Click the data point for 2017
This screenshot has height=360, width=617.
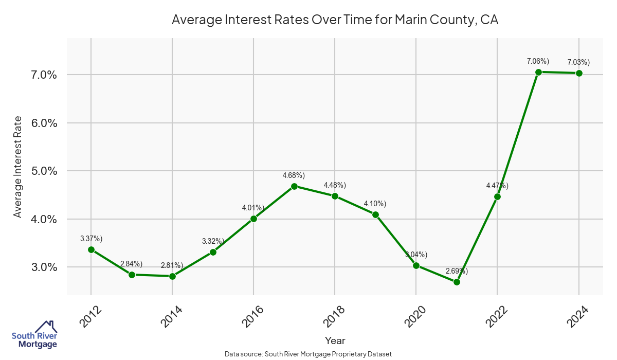point(294,186)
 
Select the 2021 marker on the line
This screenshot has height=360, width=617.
point(457,282)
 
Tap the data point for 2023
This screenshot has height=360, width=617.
point(538,72)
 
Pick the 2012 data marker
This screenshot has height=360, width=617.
point(91,249)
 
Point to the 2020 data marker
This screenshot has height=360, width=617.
point(416,265)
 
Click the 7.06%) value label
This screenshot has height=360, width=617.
point(538,61)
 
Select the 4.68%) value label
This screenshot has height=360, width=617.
point(294,175)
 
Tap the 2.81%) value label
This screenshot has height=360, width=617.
point(172,265)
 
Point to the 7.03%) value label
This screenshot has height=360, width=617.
point(578,62)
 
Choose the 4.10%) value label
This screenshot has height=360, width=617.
point(375,204)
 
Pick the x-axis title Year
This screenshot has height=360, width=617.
point(335,340)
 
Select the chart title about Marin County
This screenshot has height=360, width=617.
point(335,20)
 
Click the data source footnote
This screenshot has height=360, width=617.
point(308,354)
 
